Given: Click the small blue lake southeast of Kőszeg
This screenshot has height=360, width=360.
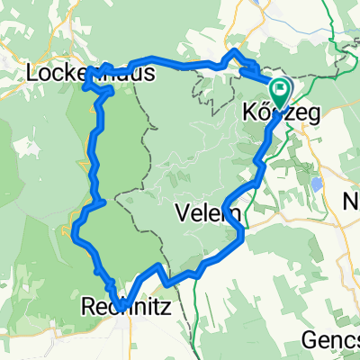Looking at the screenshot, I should point(316,184).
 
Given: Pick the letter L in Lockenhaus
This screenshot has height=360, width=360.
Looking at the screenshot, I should point(36,73).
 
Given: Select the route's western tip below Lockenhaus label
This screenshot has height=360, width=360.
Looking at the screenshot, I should point(85,86).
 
